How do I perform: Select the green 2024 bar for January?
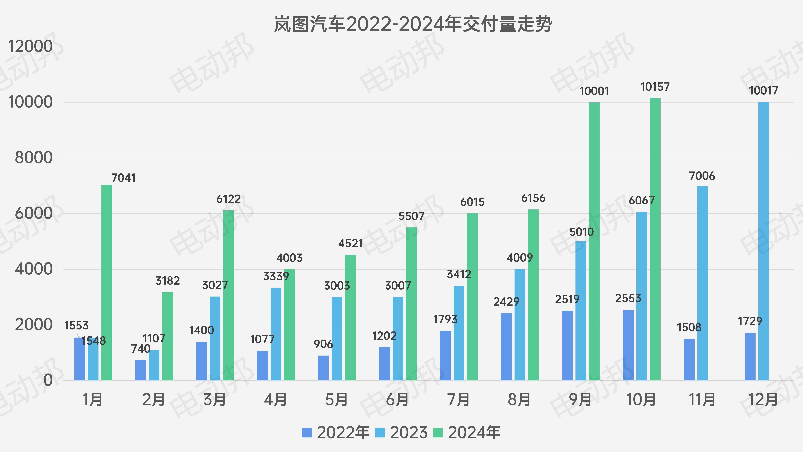pyautogui.click(x=107, y=282)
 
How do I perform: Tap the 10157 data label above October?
pyautogui.click(x=655, y=87)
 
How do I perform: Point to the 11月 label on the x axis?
pyautogui.click(x=702, y=400)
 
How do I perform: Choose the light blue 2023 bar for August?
pyautogui.click(x=520, y=325)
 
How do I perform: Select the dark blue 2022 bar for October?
pyautogui.click(x=628, y=345)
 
